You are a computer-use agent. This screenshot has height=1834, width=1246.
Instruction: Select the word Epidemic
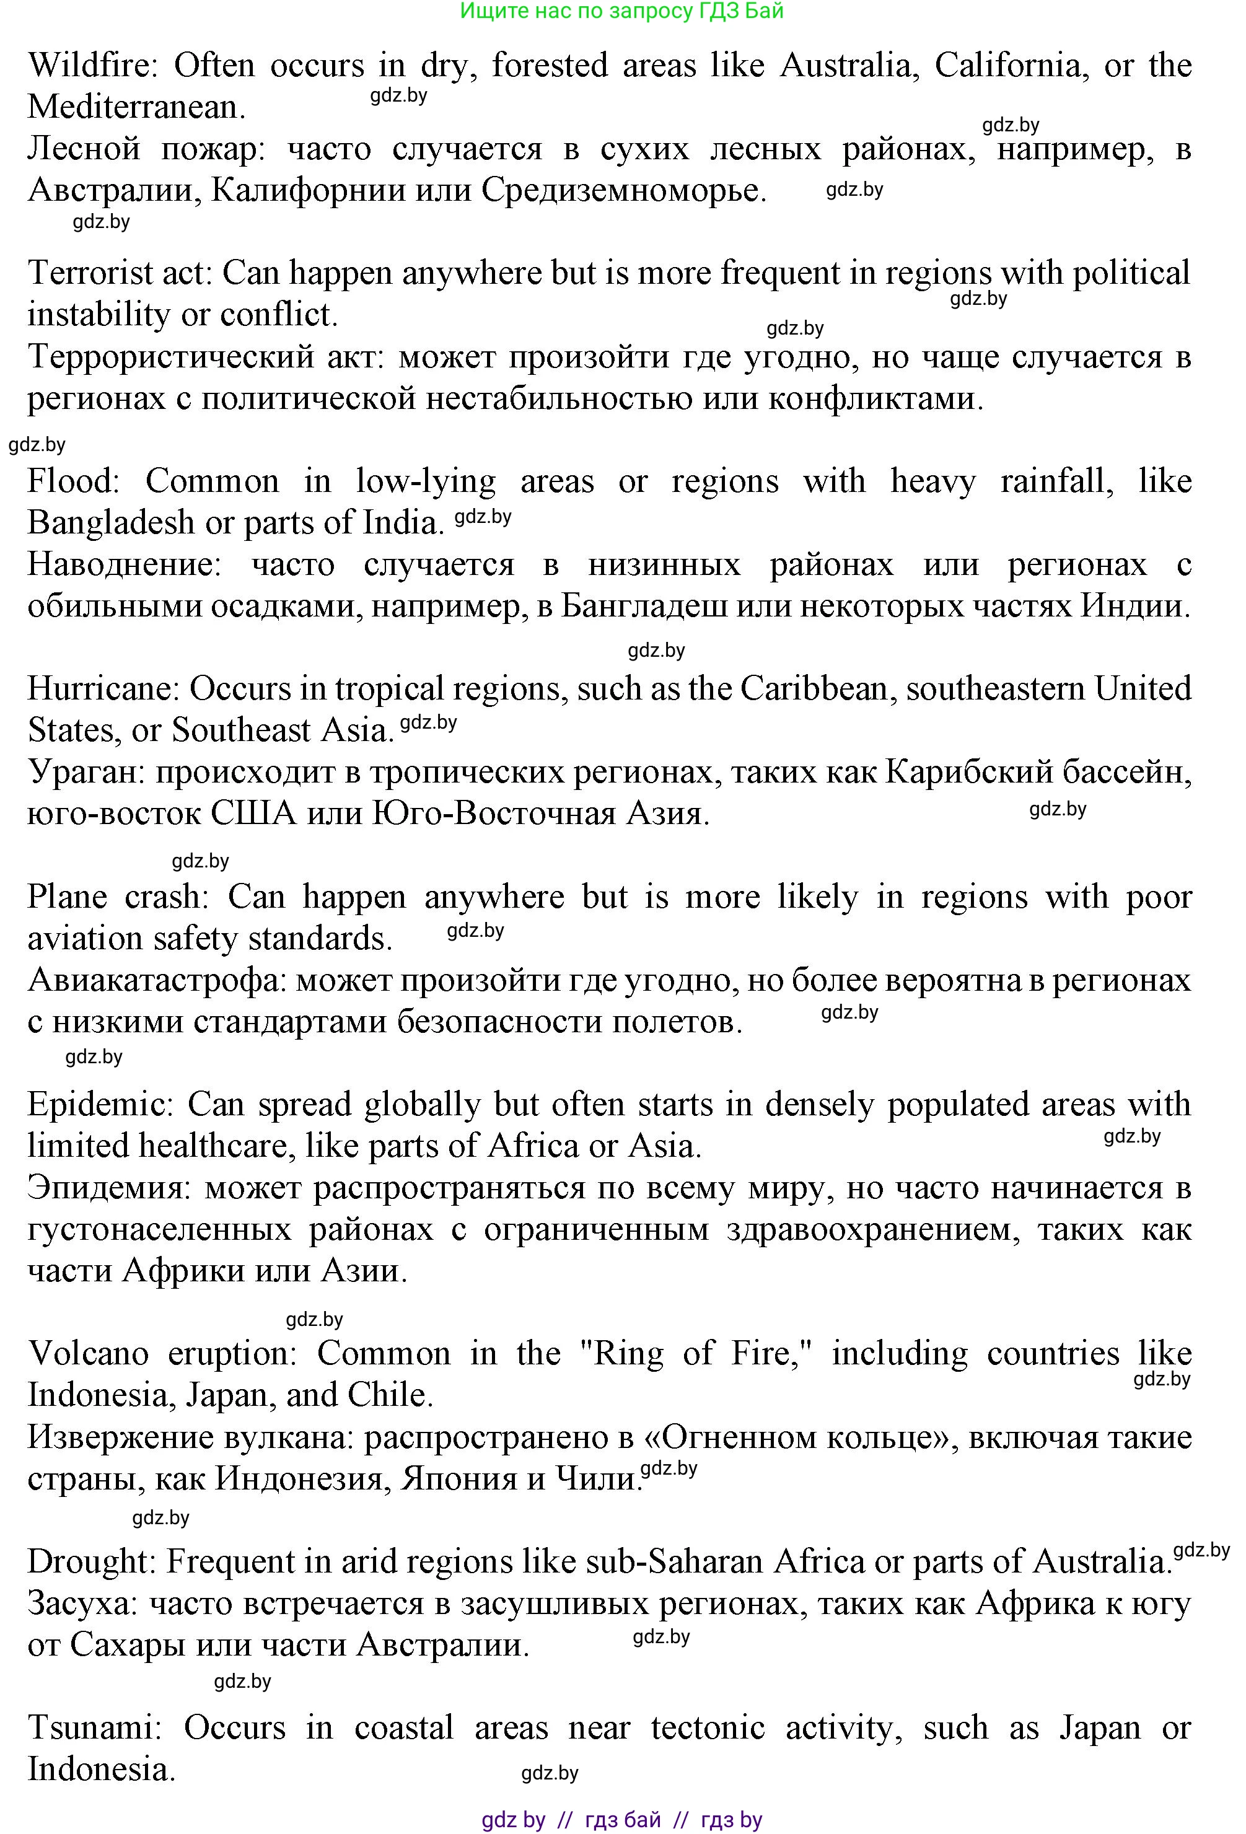click(x=99, y=1105)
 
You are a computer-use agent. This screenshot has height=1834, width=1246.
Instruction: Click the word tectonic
click(x=707, y=1727)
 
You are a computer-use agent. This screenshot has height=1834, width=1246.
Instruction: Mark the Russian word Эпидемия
click(x=110, y=1188)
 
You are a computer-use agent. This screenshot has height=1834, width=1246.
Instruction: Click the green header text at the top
click(x=622, y=11)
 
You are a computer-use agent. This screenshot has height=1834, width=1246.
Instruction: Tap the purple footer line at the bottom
click(x=622, y=1819)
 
